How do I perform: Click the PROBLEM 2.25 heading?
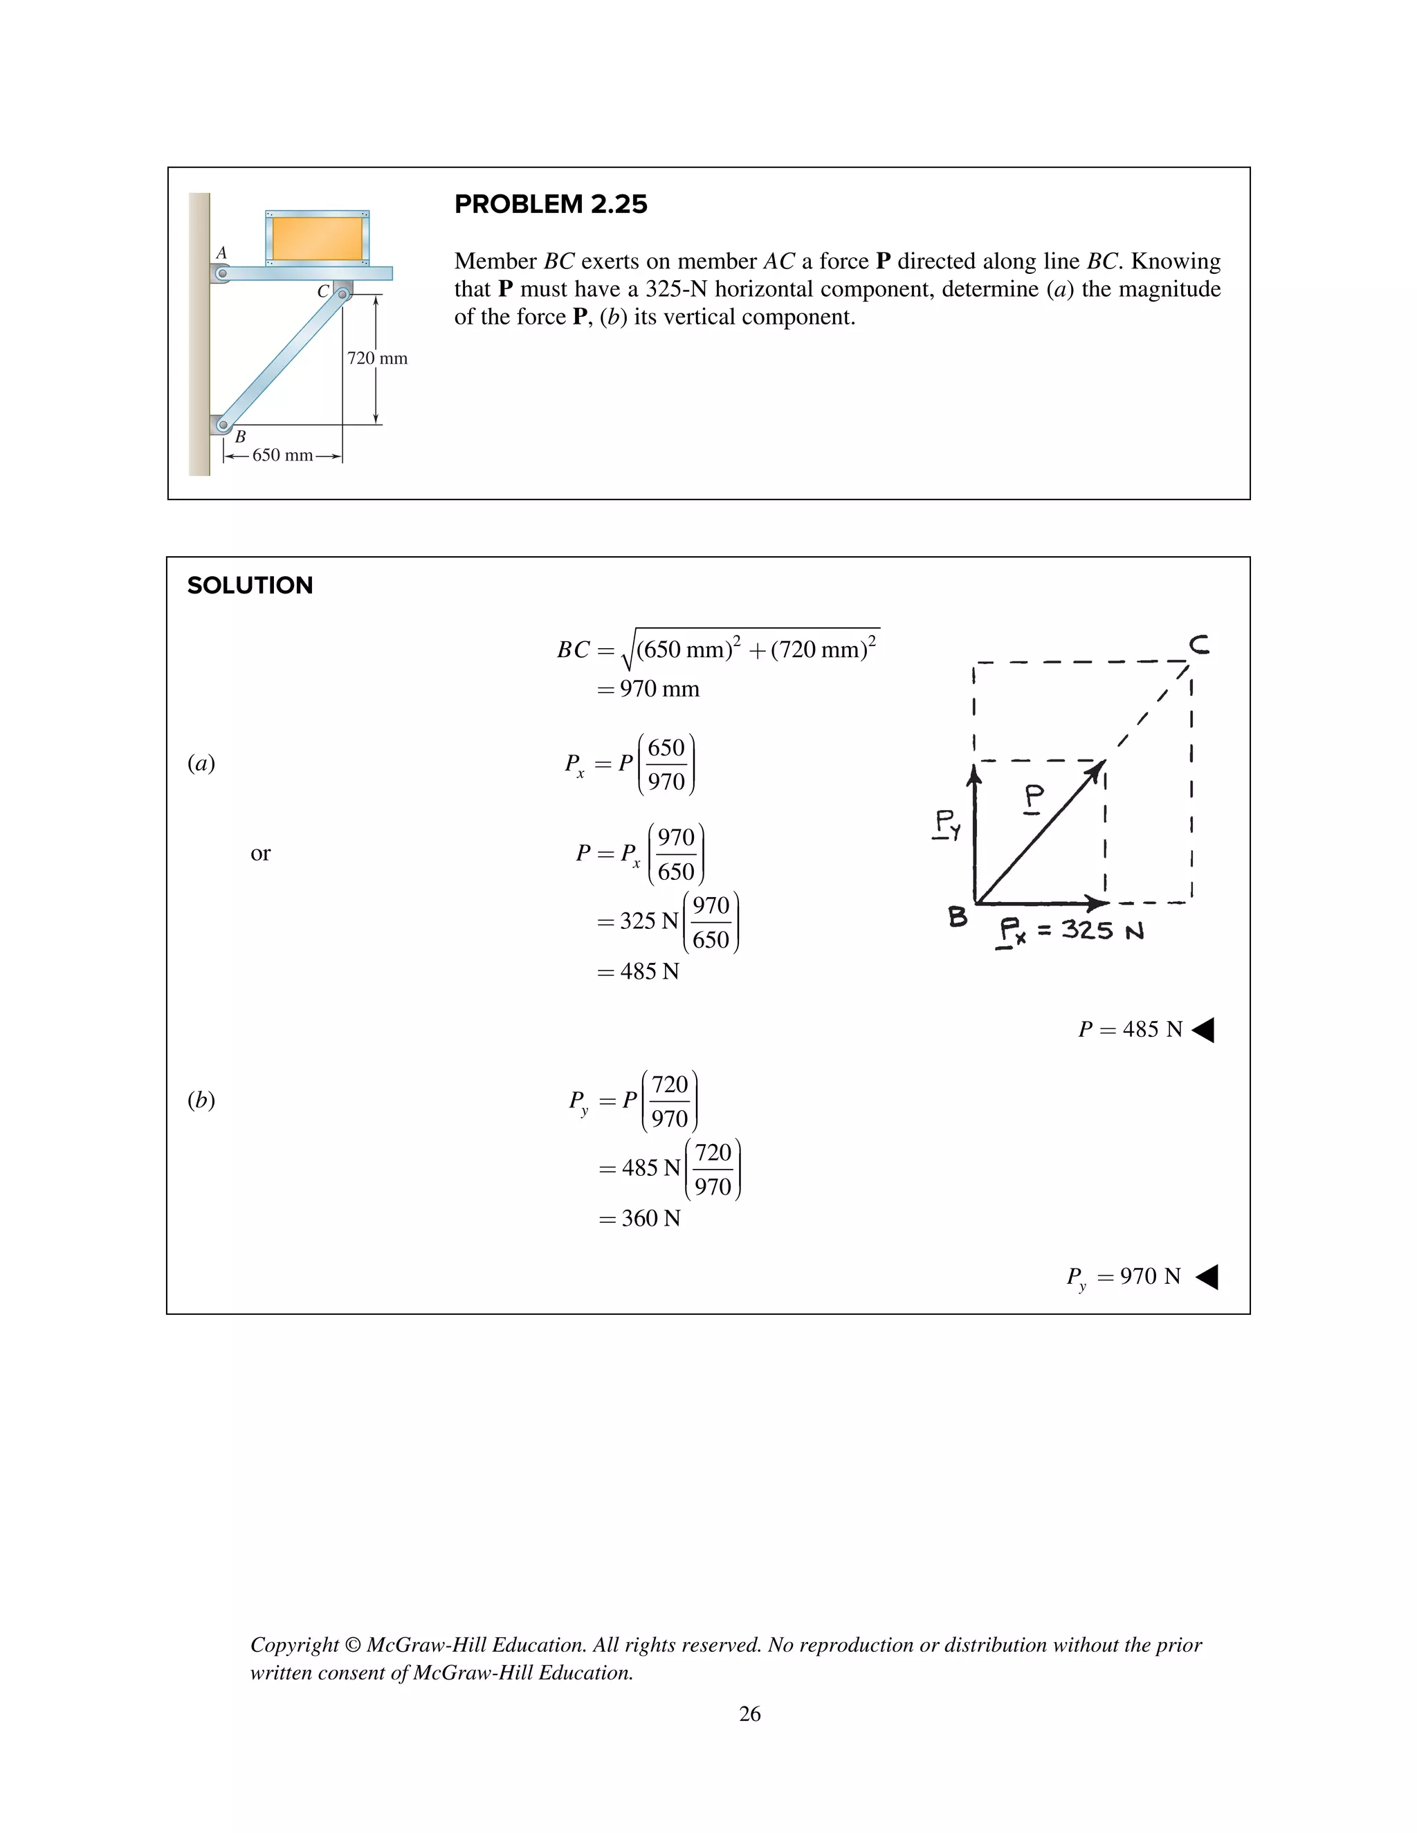point(550,204)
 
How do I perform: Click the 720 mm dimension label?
point(377,358)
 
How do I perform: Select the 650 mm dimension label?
point(282,455)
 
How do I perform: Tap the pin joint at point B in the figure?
point(223,425)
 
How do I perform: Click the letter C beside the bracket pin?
point(322,291)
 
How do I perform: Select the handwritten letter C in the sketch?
point(1200,645)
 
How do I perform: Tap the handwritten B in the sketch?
point(957,916)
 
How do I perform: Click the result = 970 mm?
point(648,689)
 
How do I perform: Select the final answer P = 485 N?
point(1130,1029)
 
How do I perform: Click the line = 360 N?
point(640,1219)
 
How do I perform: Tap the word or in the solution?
point(260,854)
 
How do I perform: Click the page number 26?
point(749,1714)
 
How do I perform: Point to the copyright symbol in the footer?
point(353,1645)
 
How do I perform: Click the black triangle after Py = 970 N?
point(1207,1277)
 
